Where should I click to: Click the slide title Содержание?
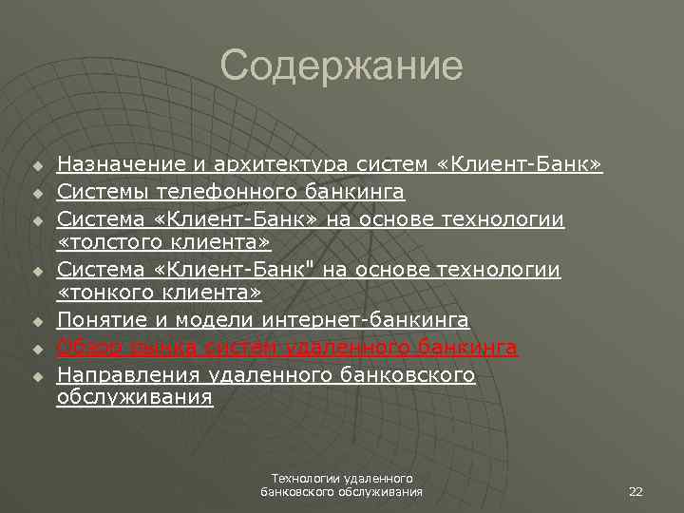click(x=341, y=66)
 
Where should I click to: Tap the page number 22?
click(x=636, y=491)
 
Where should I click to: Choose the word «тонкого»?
click(x=104, y=295)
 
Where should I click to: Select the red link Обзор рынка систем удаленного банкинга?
click(x=287, y=348)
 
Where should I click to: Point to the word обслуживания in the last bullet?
click(x=134, y=398)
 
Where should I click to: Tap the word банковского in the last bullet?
click(x=407, y=374)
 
